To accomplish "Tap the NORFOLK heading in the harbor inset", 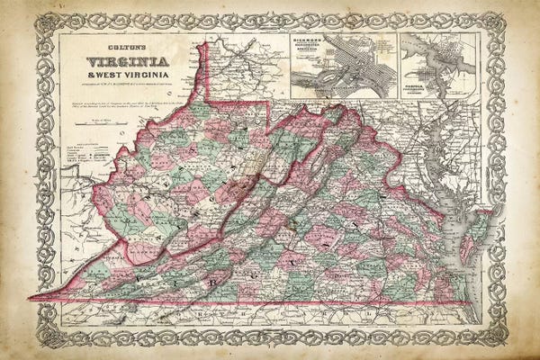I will coord(420,76).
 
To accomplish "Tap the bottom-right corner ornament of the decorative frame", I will coord(495,337).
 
